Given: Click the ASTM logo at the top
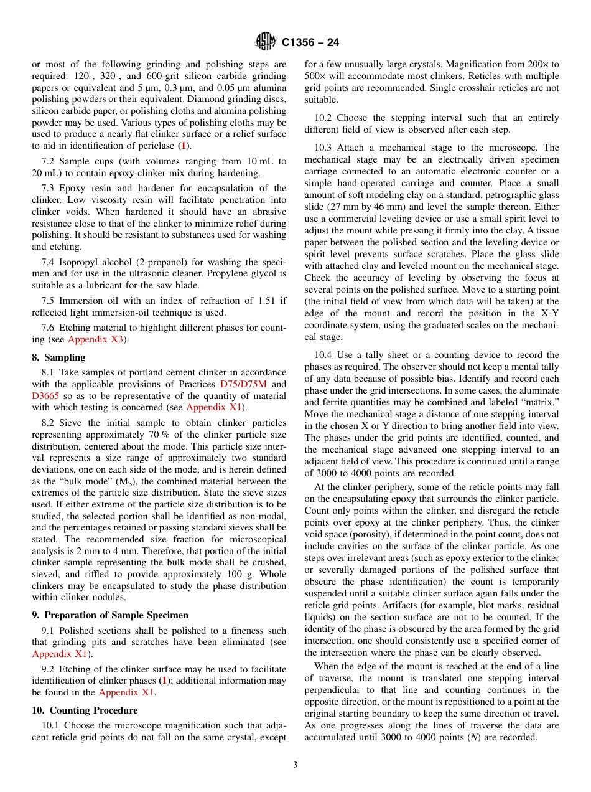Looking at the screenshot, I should pyautogui.click(x=266, y=42).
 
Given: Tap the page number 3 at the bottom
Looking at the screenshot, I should pyautogui.click(x=295, y=765).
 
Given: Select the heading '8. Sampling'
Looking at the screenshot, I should pyautogui.click(x=58, y=357).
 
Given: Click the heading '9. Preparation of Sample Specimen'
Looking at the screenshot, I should pyautogui.click(x=101, y=615).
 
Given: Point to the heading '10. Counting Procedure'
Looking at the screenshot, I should pyautogui.click(x=85, y=710).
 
